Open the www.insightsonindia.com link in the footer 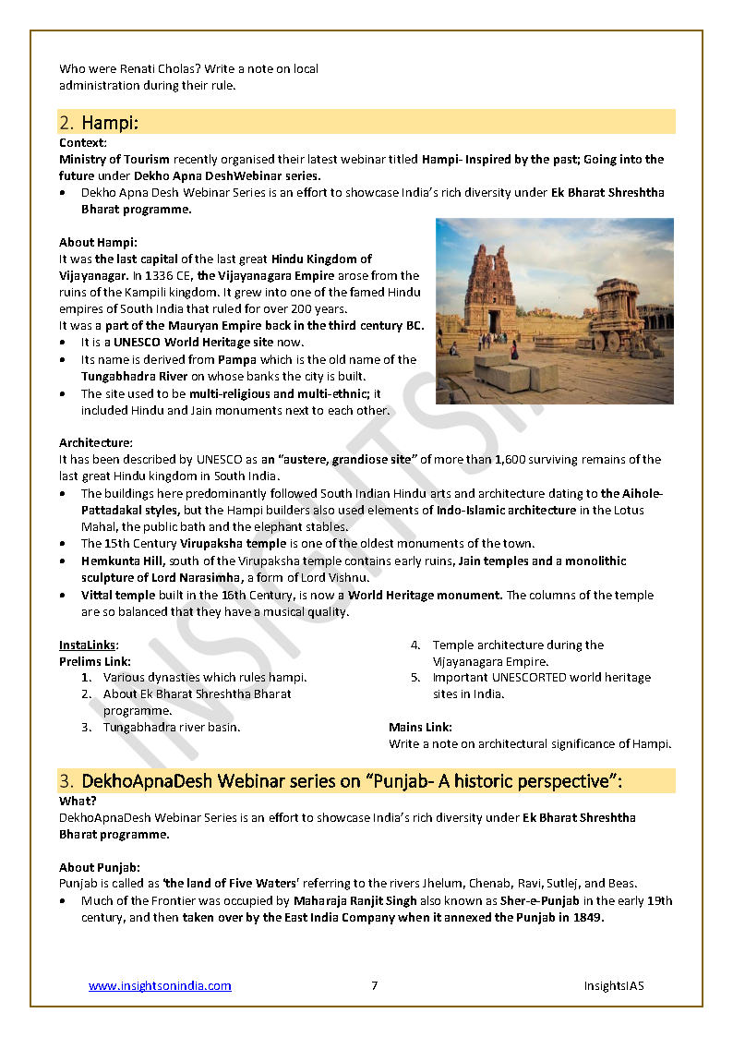click(x=160, y=986)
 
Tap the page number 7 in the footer click(x=374, y=986)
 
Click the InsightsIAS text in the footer click(x=613, y=986)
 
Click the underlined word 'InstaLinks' click(x=88, y=645)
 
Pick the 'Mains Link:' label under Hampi click(x=420, y=728)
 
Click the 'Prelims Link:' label click(x=95, y=661)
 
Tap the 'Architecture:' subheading click(x=96, y=443)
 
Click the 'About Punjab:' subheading click(x=100, y=867)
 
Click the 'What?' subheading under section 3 click(x=78, y=802)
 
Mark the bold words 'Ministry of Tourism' click(x=114, y=160)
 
